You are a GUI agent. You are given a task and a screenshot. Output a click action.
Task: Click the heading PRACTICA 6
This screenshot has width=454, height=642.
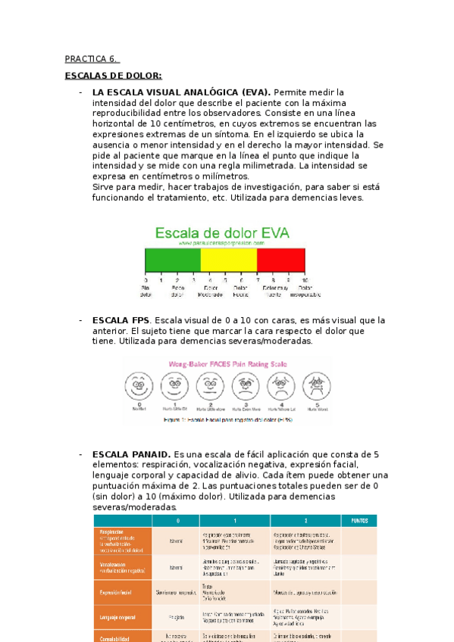(91, 58)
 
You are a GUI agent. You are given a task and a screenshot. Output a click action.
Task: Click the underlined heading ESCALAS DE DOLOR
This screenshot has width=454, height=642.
(113, 76)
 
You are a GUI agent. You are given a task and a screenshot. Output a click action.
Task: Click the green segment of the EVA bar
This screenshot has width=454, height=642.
(172, 260)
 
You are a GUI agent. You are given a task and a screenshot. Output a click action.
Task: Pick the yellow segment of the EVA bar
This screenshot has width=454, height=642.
(228, 260)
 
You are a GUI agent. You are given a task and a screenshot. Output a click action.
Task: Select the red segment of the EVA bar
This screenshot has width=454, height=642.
(281, 260)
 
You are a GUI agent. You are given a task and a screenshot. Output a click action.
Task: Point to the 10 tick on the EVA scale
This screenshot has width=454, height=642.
(305, 279)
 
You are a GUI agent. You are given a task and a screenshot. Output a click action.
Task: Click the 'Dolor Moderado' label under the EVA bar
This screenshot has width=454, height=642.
(209, 291)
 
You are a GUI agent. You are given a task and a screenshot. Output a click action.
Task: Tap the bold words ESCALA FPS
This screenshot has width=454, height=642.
(120, 320)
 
